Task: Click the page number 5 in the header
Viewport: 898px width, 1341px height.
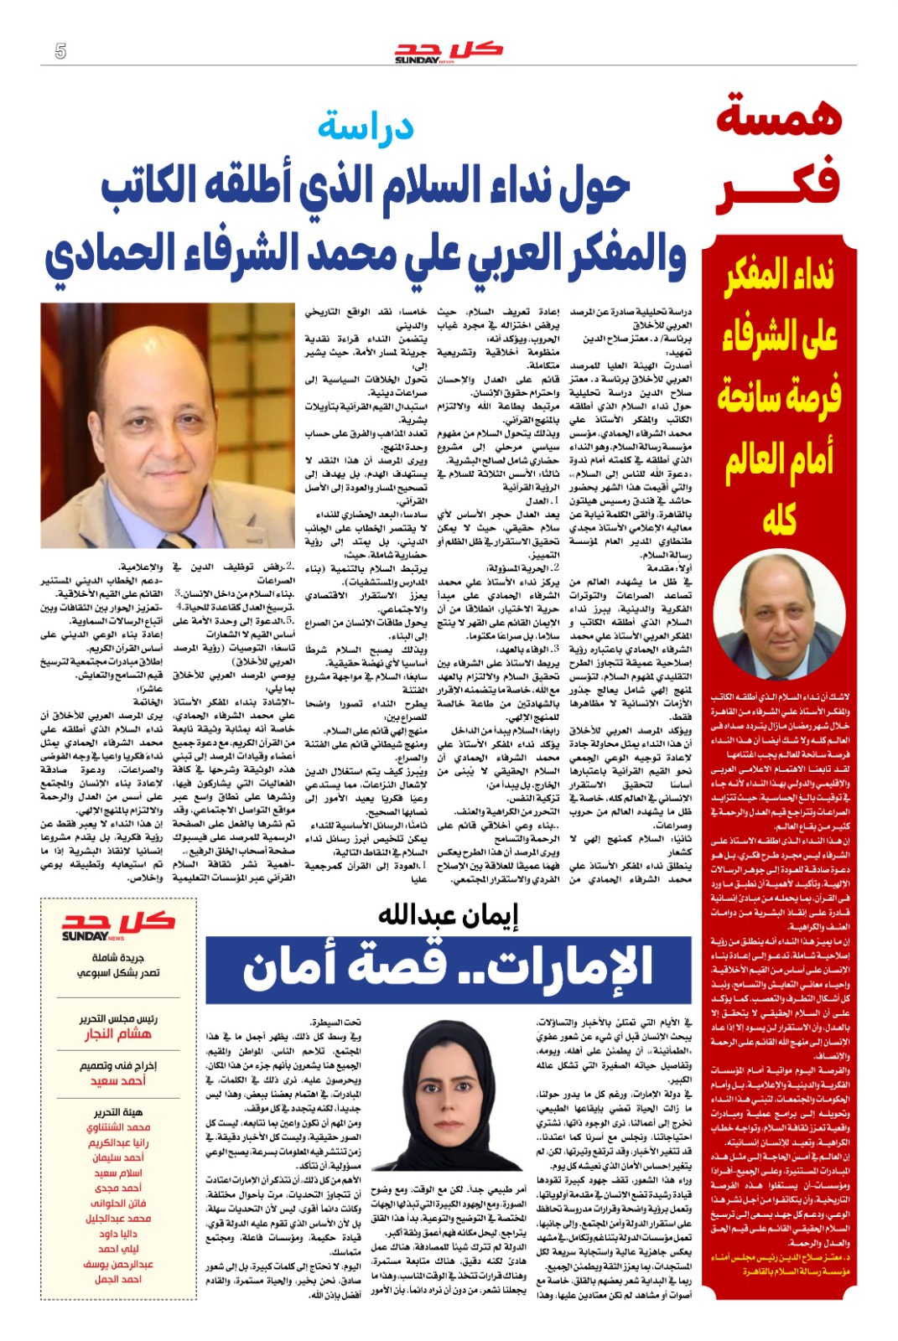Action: tap(60, 51)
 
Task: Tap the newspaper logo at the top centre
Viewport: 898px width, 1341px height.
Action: tap(449, 51)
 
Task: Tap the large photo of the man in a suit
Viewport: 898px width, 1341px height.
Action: tap(168, 426)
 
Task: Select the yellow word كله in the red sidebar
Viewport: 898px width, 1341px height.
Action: tap(779, 520)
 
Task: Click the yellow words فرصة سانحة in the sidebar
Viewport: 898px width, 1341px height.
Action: tap(779, 396)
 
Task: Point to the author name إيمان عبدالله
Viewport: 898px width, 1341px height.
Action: tap(448, 915)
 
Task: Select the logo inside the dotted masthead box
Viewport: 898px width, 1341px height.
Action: tap(118, 926)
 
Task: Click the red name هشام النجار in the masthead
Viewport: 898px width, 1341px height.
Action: tap(118, 1034)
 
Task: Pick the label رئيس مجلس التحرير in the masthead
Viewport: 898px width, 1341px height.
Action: tap(118, 1018)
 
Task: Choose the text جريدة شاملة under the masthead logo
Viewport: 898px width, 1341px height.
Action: tap(118, 957)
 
